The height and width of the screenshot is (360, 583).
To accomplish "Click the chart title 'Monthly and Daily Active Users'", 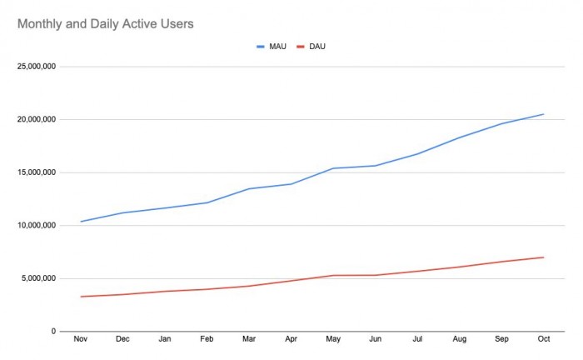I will pos(106,24).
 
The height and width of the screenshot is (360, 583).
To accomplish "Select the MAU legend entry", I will pos(272,46).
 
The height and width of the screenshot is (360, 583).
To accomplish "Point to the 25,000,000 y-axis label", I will pos(36,67).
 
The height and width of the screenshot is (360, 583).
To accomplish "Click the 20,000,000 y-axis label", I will pos(36,119).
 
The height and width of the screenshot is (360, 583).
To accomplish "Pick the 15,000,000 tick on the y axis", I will pos(36,172).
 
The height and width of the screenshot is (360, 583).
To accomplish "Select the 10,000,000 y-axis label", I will pos(36,225).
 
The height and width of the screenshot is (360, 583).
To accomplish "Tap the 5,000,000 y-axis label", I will pos(38,278).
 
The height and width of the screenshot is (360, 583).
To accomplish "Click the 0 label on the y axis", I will pos(52,332).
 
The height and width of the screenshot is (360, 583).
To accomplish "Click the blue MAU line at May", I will pos(333,168).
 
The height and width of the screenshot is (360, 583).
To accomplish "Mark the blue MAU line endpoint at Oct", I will pos(543,114).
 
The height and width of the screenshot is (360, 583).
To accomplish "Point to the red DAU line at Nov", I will pos(81,297).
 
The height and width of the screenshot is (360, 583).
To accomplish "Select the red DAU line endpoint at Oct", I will pos(543,257).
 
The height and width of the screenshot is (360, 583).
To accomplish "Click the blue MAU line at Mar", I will pos(249,189).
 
